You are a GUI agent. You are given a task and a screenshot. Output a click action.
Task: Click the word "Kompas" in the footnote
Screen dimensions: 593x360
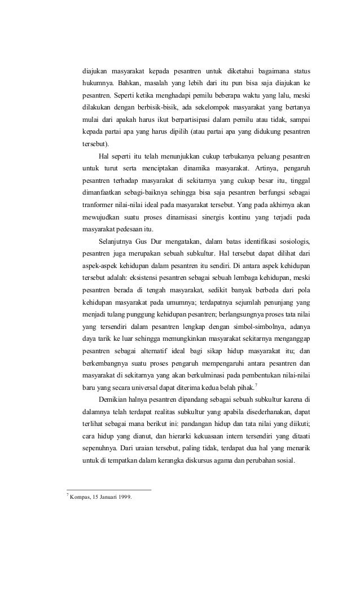[80, 497]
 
